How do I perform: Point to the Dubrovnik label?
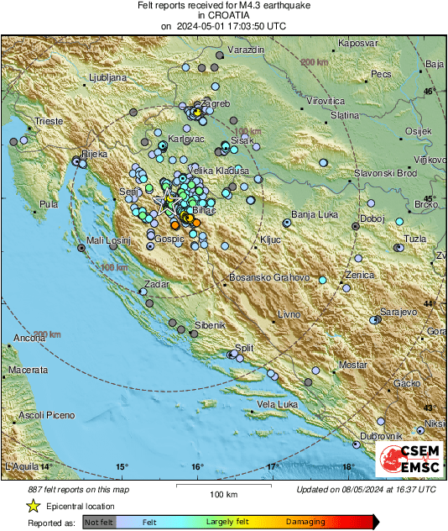pyautogui.click(x=381, y=435)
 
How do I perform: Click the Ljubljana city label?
pyautogui.click(x=106, y=77)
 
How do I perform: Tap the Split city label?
pyautogui.click(x=244, y=347)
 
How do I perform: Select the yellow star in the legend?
pyautogui.click(x=33, y=506)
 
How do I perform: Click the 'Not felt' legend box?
pyautogui.click(x=99, y=522)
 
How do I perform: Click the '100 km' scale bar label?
pyautogui.click(x=223, y=493)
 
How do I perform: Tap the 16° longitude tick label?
pyautogui.click(x=197, y=466)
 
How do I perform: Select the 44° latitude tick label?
pyautogui.click(x=430, y=302)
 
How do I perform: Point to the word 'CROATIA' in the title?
pyautogui.click(x=223, y=16)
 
